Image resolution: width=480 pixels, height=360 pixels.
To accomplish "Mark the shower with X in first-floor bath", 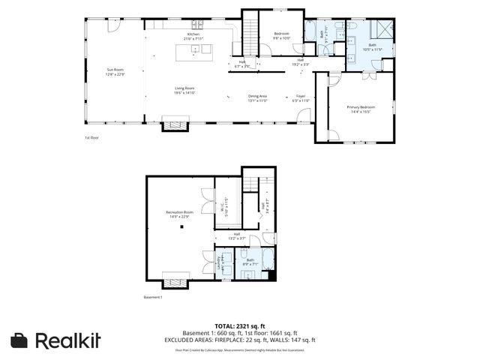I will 385,30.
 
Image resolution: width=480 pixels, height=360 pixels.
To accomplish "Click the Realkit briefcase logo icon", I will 19,340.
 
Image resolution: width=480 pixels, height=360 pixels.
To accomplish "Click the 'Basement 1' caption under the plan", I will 153,297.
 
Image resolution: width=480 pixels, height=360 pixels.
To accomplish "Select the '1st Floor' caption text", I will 91,137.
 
